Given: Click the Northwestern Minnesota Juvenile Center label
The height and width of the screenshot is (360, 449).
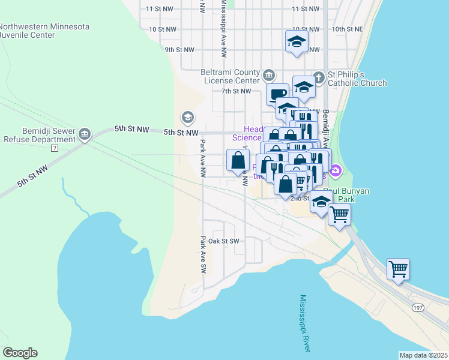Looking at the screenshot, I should (44, 31).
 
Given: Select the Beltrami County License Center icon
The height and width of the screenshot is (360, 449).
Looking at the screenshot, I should (268, 76).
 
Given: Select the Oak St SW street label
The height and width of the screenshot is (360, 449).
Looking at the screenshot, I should (224, 241).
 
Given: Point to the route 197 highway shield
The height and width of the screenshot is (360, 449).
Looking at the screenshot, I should (418, 308).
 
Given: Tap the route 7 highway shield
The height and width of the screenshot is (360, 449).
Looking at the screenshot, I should (54, 148).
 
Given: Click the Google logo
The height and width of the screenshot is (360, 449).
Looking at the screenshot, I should (20, 353).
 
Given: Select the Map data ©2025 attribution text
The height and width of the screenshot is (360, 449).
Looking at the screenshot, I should (423, 355).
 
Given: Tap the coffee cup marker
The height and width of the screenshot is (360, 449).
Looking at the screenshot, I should (277, 94).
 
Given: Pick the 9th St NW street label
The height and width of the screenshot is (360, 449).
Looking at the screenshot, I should (180, 50).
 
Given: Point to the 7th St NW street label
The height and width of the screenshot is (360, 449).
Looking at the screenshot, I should (236, 91).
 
